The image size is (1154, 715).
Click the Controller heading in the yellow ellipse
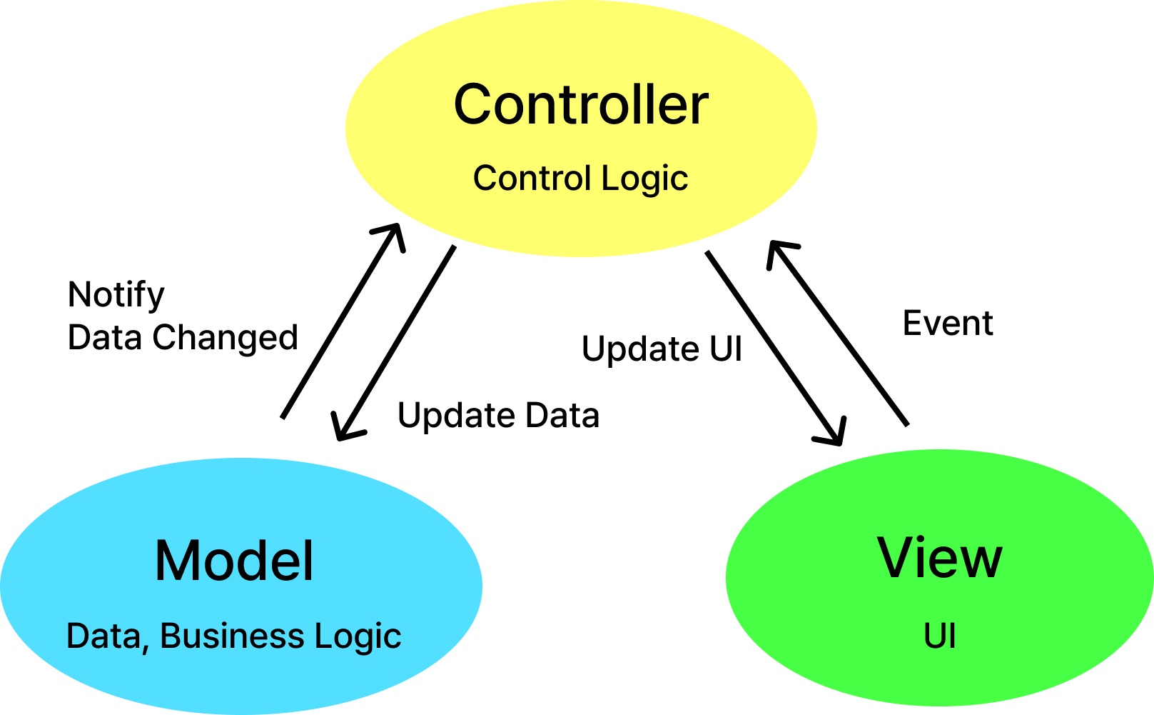581,105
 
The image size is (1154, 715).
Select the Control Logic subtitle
580,179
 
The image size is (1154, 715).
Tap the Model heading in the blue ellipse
234,561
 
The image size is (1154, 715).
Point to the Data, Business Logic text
233,636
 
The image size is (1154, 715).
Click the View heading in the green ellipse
939,558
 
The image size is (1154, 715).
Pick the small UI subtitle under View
939,636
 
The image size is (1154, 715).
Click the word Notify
116,295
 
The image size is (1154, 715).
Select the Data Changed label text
183,338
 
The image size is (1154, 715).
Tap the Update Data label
498,416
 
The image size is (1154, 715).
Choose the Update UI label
662,349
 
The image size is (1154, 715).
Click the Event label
947,324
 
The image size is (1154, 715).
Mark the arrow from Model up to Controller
341,321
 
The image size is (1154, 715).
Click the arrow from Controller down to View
774,346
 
